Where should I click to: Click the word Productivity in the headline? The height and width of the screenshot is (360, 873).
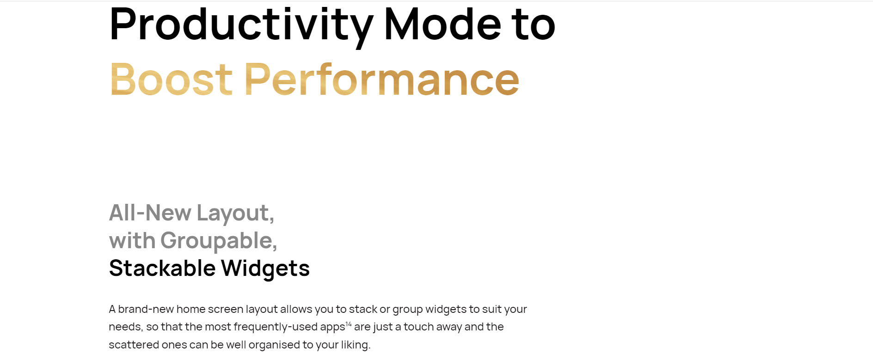click(241, 26)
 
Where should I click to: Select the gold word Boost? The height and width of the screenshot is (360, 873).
click(171, 79)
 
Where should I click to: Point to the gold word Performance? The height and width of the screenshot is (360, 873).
click(382, 79)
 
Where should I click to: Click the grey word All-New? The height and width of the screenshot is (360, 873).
click(150, 213)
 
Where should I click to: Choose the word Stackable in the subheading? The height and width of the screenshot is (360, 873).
click(162, 268)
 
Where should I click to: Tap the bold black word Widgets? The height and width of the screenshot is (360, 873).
click(265, 269)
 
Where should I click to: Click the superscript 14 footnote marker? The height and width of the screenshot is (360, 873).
click(349, 324)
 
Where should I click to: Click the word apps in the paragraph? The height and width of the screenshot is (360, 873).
click(332, 328)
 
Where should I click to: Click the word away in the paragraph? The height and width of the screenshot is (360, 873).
click(449, 327)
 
